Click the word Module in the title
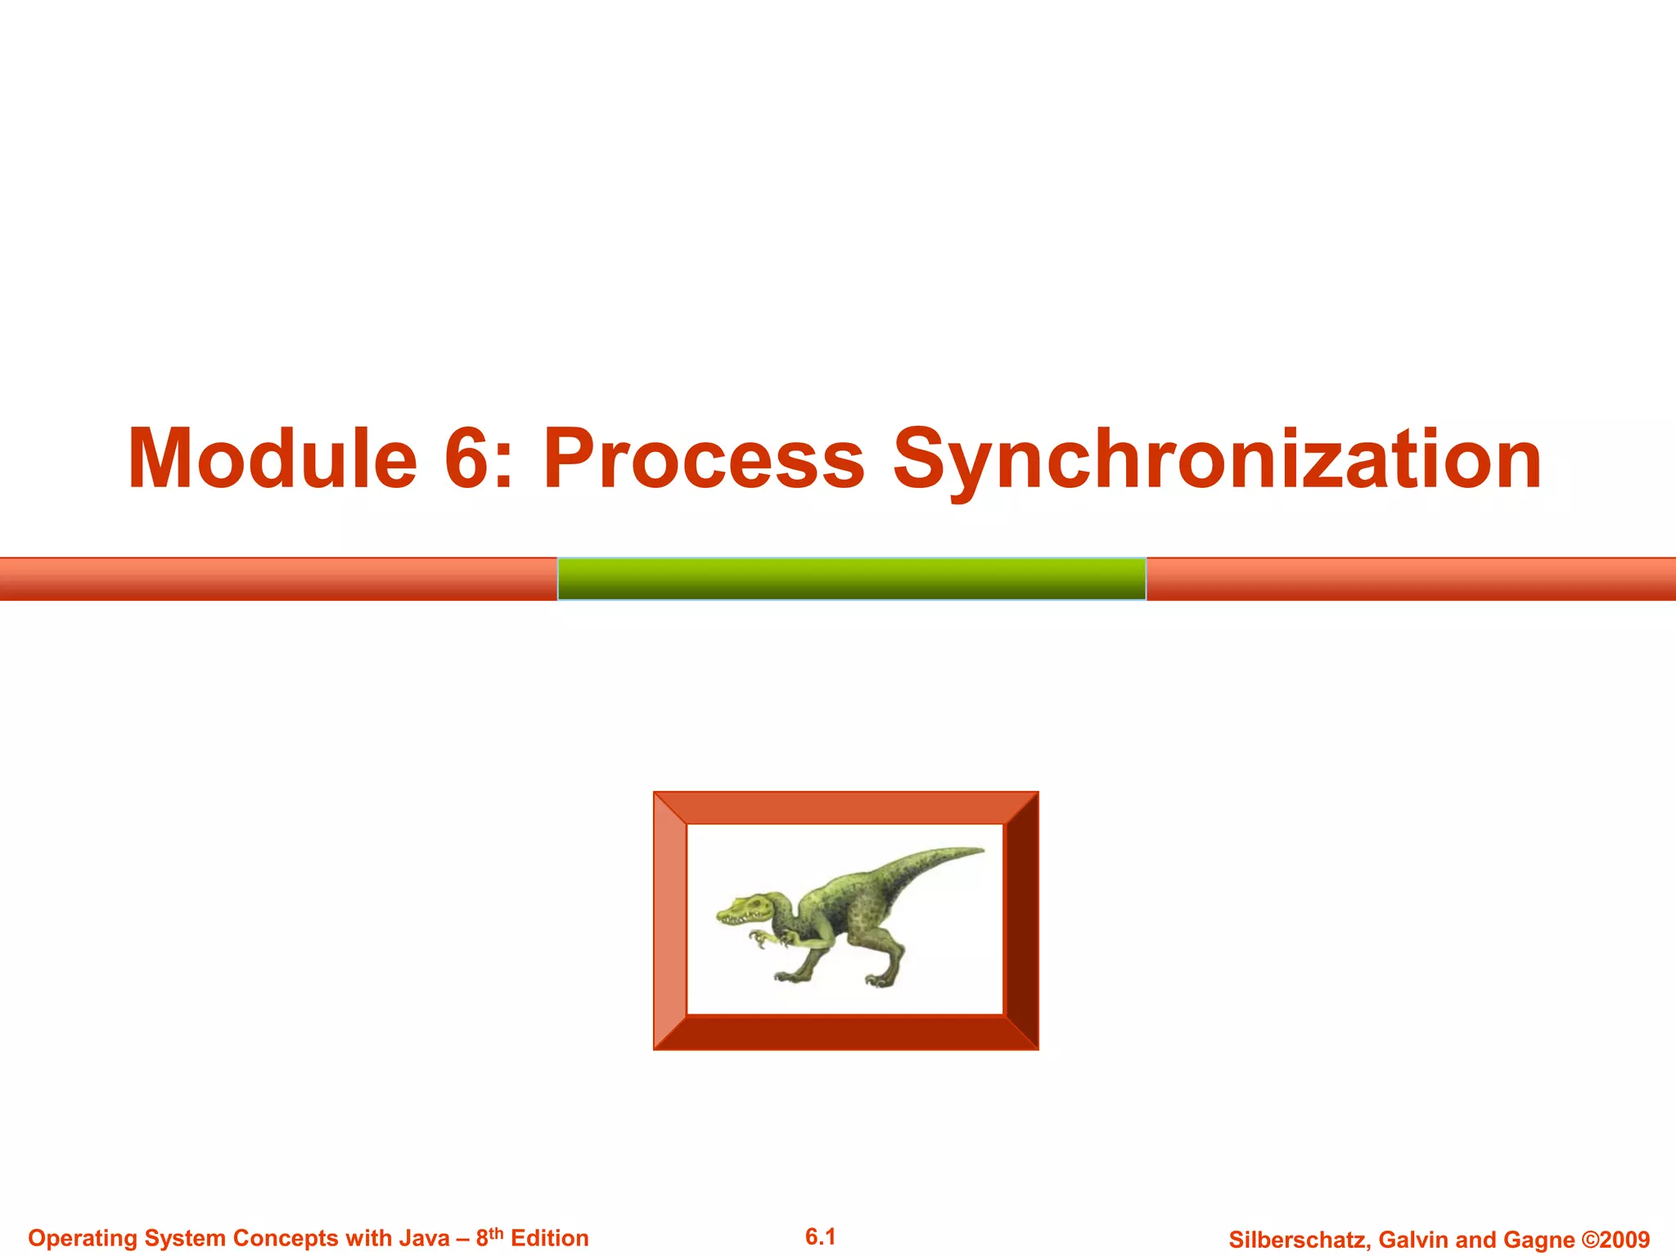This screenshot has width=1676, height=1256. pyautogui.click(x=273, y=459)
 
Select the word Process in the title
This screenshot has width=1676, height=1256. pyautogui.click(x=704, y=459)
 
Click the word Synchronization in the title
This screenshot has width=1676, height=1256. pyautogui.click(x=1217, y=459)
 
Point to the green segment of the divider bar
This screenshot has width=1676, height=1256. pyautogui.click(x=851, y=579)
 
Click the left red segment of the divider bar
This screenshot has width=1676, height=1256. pyautogui.click(x=278, y=579)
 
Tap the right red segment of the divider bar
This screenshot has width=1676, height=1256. pyautogui.click(x=1411, y=579)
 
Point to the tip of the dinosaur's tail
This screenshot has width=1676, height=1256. pyautogui.click(x=980, y=851)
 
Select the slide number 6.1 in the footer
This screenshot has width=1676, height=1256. pyautogui.click(x=820, y=1236)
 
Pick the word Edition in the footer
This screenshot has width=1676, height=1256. pyautogui.click(x=549, y=1238)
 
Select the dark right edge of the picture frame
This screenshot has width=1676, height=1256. pyautogui.click(x=1021, y=920)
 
